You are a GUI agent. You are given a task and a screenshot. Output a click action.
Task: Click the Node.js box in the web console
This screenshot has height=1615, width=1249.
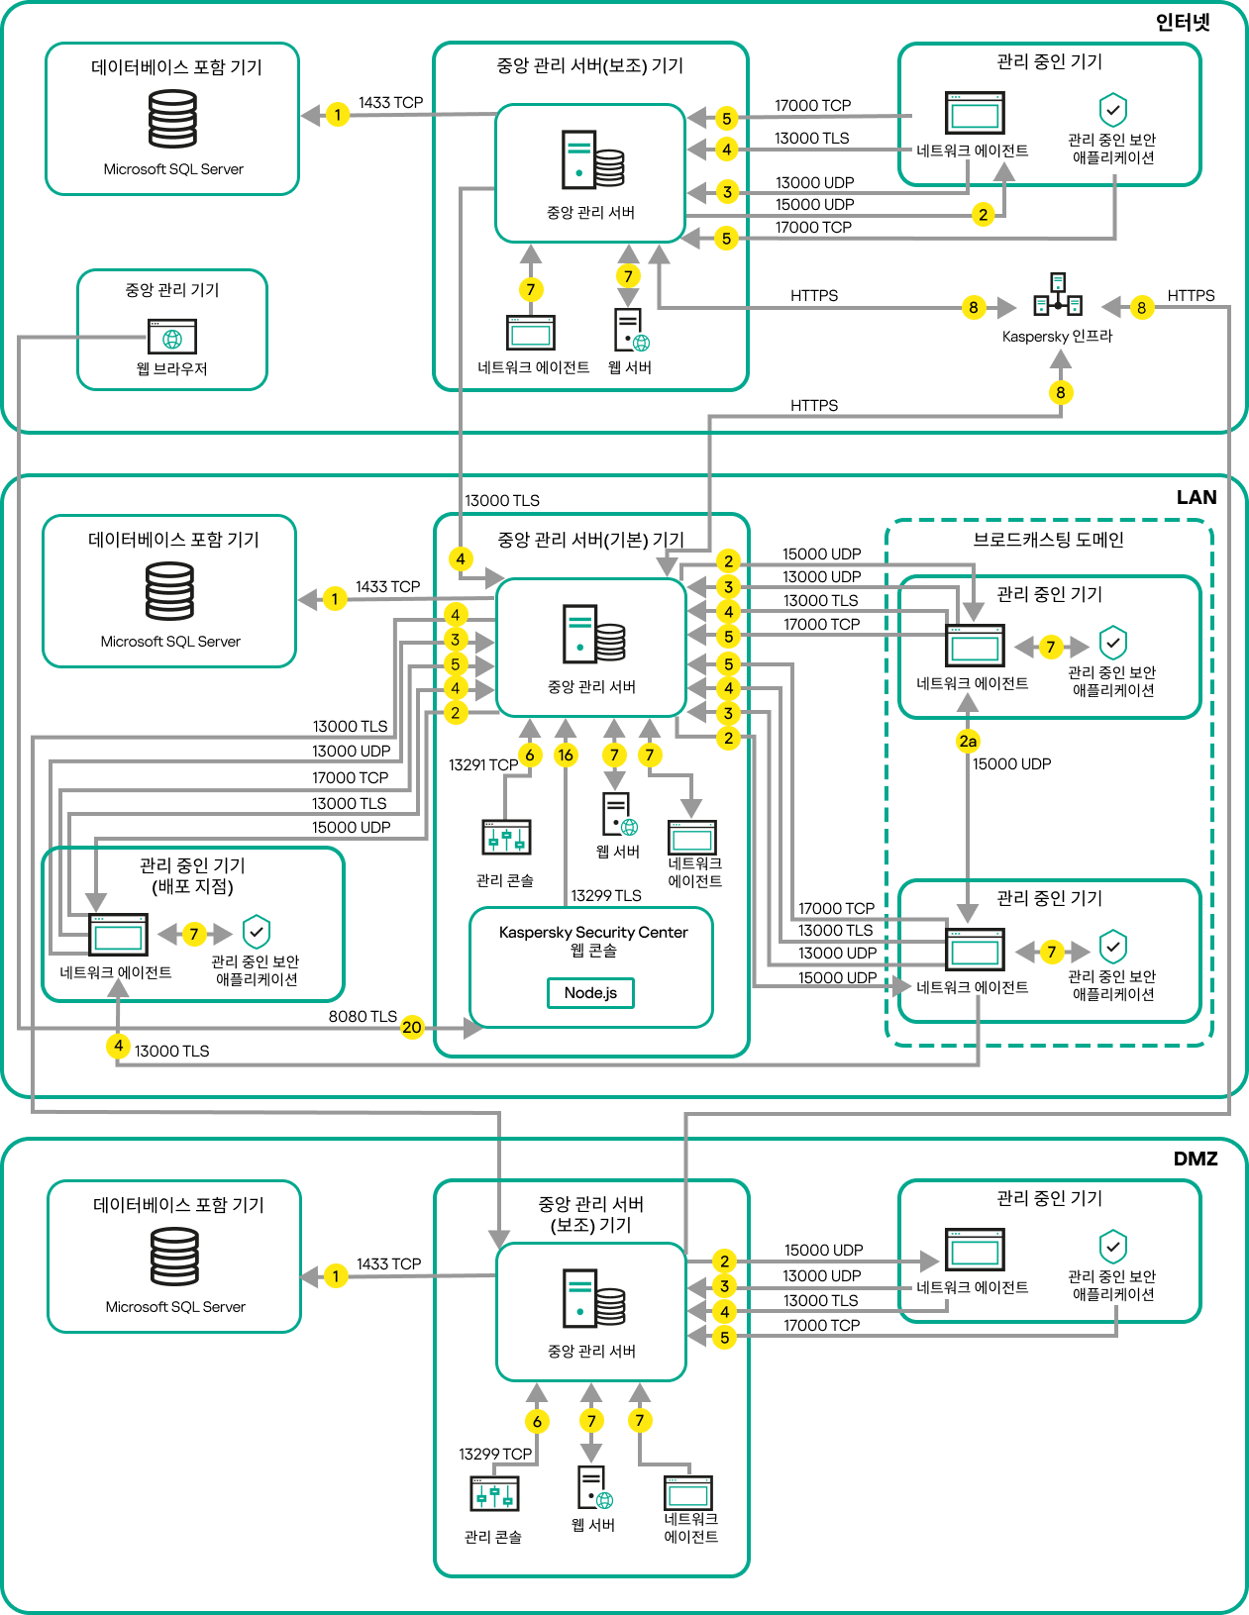pos(590,992)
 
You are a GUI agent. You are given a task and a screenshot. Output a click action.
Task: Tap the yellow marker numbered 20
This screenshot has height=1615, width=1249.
pos(412,1028)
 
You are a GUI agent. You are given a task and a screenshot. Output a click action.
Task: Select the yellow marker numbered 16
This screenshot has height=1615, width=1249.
pos(566,756)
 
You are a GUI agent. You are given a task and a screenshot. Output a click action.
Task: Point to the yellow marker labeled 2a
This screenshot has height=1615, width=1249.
pos(968,741)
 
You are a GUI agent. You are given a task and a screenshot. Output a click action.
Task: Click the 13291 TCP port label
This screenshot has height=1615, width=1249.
pos(482,764)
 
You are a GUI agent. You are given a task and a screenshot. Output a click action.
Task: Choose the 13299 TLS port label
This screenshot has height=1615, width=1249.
pos(605,895)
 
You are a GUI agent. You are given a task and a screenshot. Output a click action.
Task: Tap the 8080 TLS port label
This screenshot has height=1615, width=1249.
pos(363,1016)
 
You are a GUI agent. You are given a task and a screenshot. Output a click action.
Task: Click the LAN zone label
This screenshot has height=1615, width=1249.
pos(1196,497)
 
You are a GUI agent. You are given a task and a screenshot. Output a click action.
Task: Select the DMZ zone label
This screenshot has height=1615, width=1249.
pos(1195,1159)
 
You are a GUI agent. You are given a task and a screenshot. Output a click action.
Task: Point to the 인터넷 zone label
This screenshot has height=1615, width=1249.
pos(1183,22)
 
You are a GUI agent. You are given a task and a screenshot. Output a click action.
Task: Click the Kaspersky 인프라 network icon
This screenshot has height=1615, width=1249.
pos(1058,295)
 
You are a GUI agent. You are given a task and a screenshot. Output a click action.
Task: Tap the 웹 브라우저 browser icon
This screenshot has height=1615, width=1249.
pos(172,337)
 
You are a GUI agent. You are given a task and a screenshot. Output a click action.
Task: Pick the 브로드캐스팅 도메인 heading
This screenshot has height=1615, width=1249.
pos(1048,540)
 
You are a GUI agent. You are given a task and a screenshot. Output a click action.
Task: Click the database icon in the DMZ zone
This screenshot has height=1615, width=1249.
pos(174,1256)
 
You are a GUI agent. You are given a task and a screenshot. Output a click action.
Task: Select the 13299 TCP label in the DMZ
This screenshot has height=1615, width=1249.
pos(494,1454)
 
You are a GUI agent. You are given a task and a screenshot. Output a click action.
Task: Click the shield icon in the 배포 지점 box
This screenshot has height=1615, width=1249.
pos(257,931)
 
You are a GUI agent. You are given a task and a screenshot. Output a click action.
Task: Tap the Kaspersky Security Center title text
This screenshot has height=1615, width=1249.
pos(592,932)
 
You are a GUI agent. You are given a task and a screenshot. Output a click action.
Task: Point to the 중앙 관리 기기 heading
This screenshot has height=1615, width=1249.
pos(171,289)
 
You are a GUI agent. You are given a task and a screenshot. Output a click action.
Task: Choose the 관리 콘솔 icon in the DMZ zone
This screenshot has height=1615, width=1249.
pos(494,1493)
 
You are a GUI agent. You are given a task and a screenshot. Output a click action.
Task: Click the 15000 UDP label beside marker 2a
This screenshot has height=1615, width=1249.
pos(1011,763)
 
